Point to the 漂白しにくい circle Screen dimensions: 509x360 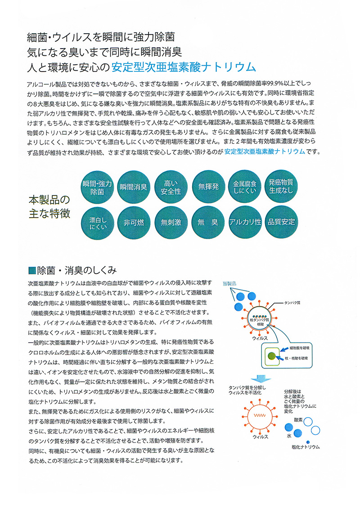pos(98,222)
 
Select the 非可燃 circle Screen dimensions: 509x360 pos(134,222)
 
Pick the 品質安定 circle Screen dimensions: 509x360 pos(281,222)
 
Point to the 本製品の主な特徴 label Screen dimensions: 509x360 pos(49,206)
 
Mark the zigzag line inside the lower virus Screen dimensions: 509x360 pos(261,415)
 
